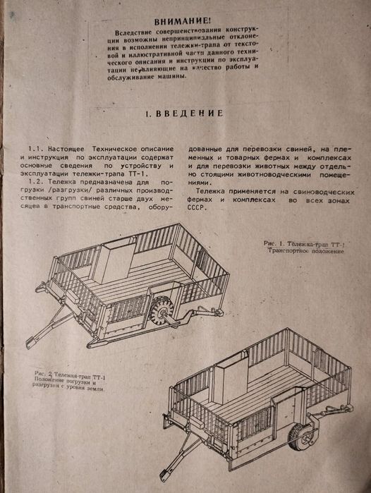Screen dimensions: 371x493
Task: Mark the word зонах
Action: click(x=339, y=200)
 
